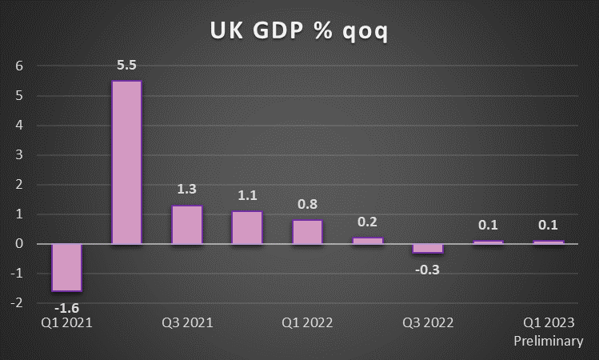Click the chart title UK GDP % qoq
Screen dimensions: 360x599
pyautogui.click(x=300, y=31)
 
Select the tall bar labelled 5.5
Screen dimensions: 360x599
pyautogui.click(x=126, y=162)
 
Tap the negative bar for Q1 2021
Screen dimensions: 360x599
pyautogui.click(x=66, y=267)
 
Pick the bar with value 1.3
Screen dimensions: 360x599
pyautogui.click(x=186, y=225)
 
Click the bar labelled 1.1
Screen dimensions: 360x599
pyautogui.click(x=247, y=227)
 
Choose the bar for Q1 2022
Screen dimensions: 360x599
pyautogui.click(x=307, y=232)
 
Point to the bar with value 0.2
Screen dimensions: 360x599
pyautogui.click(x=367, y=241)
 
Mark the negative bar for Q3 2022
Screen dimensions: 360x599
pyautogui.click(x=427, y=248)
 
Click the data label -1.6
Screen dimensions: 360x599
pyautogui.click(x=66, y=306)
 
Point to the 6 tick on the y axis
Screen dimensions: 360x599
pyautogui.click(x=19, y=66)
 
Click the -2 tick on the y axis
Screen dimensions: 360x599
pyautogui.click(x=18, y=302)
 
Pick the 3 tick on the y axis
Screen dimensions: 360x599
pyautogui.click(x=19, y=155)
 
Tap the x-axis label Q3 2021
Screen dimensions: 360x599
pyautogui.click(x=186, y=323)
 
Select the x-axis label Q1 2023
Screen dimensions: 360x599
pyautogui.click(x=548, y=323)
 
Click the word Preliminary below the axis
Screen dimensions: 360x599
pyautogui.click(x=548, y=342)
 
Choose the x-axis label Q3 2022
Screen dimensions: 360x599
pyautogui.click(x=427, y=323)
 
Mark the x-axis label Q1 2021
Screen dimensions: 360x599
pyautogui.click(x=66, y=323)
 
